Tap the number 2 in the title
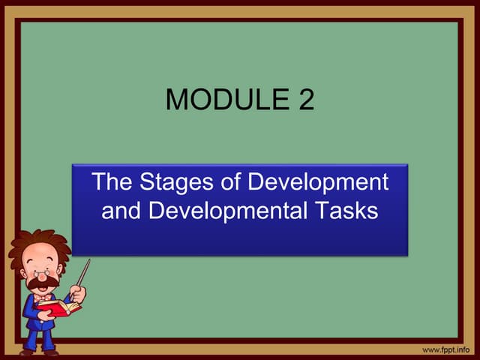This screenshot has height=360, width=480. click(x=305, y=99)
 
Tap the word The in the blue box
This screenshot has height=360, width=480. click(x=110, y=182)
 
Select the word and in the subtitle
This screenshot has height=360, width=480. click(x=121, y=211)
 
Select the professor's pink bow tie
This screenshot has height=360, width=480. click(x=43, y=298)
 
